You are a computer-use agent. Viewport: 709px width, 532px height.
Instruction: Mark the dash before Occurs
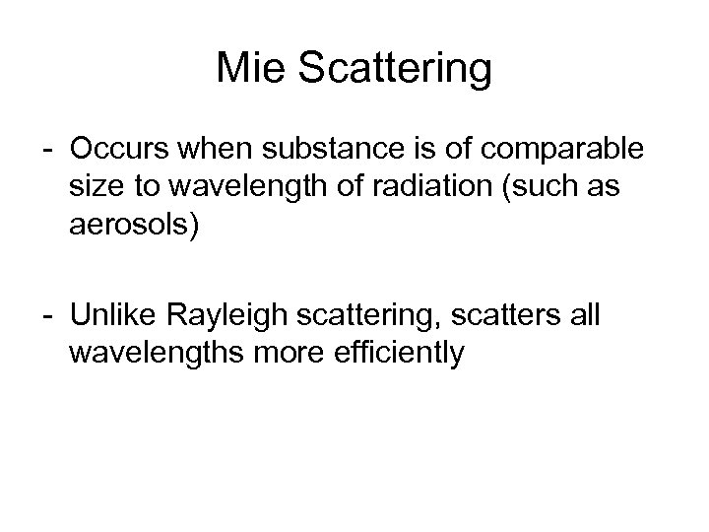[x=48, y=154]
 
